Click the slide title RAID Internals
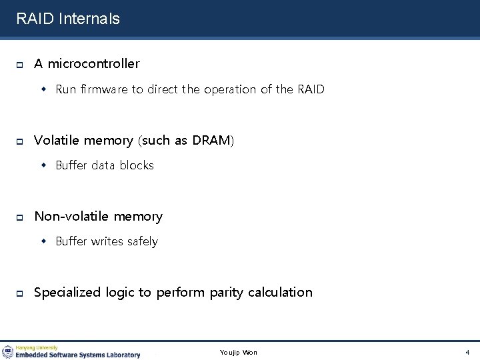coord(68,19)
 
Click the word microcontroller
coord(93,64)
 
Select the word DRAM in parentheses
coord(211,140)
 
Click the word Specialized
coord(67,292)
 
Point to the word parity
coord(226,292)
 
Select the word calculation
coord(280,292)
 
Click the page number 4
coord(467,352)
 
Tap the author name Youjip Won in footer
coord(238,352)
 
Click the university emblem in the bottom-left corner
coord(8,351)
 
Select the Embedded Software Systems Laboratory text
coord(78,355)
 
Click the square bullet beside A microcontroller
coord(20,65)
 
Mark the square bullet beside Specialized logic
coord(20,293)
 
